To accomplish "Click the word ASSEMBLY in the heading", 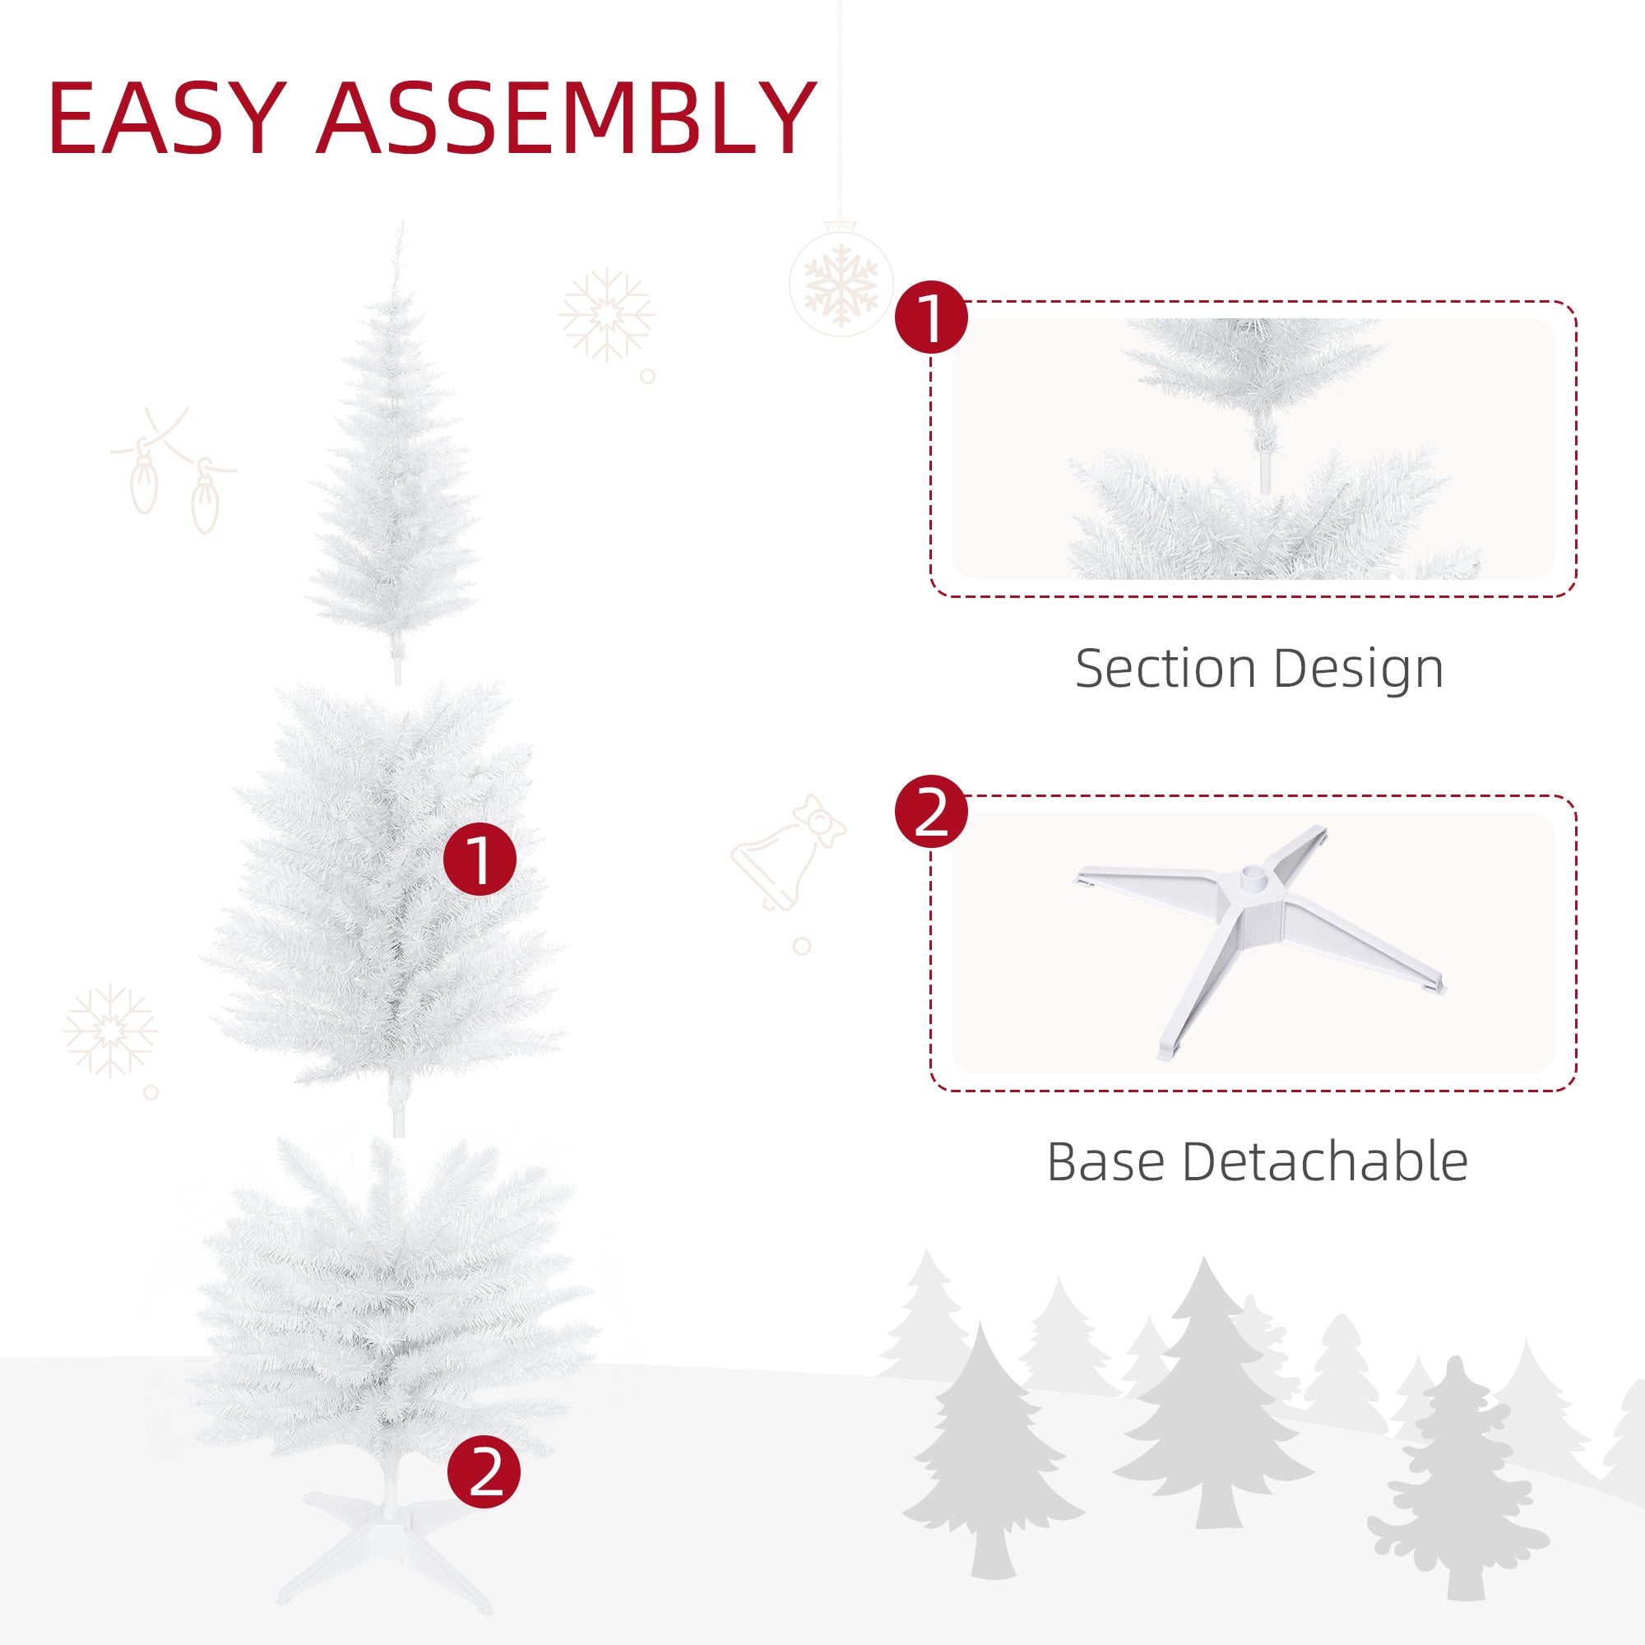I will pos(566,118).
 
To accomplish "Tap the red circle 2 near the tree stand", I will pos(484,1471).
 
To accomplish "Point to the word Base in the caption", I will pos(1105,1161).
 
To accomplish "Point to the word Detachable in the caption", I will pos(1325,1161).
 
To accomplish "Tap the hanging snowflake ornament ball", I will pos(841,282).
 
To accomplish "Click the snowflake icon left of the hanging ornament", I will pos(606,315).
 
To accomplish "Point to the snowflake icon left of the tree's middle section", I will pos(110,1032).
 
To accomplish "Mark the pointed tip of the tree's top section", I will pos(401,228).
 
